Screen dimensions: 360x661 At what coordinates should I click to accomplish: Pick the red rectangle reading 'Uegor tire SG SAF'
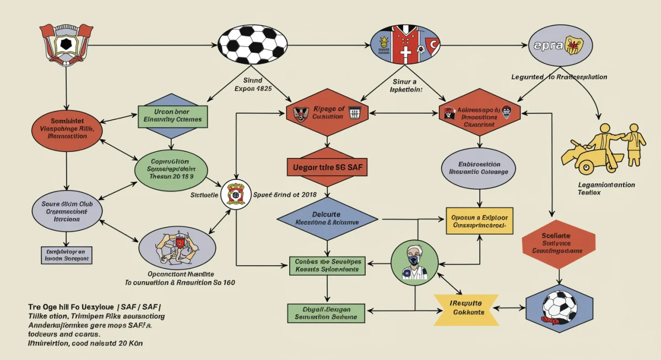[327, 167]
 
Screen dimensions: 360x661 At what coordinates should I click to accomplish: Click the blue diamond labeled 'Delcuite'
[327, 218]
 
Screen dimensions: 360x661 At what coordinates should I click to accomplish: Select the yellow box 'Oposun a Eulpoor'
[479, 221]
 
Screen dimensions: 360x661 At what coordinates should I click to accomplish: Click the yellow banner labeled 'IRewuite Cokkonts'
[467, 308]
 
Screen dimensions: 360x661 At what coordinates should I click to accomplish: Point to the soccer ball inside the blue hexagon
[560, 307]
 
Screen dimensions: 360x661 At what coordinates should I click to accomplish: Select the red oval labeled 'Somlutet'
[67, 128]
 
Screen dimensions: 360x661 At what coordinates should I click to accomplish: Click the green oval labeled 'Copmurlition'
[171, 170]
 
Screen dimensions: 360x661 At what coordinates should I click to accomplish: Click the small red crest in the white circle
[236, 194]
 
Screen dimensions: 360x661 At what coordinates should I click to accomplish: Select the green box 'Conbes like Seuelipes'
[327, 265]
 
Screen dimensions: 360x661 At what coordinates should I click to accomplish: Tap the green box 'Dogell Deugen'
[326, 313]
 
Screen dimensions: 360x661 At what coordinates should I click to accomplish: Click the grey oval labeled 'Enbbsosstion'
[479, 168]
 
